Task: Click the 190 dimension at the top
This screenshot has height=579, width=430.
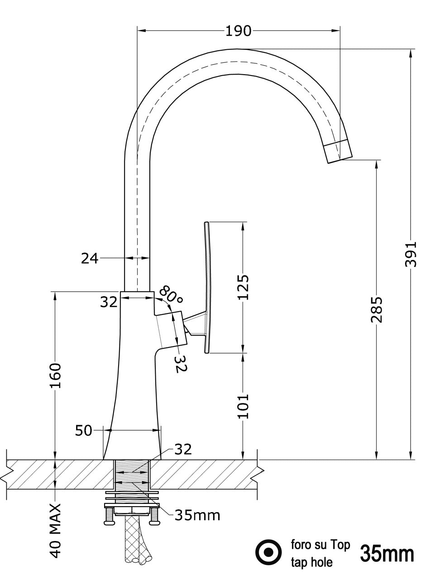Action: coord(238,31)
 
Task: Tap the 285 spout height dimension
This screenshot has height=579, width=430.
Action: coord(377,309)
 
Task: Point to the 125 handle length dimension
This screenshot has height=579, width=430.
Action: coord(244,287)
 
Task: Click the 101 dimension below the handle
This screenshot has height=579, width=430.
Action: coord(244,406)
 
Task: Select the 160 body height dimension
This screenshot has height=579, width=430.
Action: coord(55,375)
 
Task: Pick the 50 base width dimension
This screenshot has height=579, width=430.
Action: coord(84,430)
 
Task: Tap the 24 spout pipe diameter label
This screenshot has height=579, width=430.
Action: coord(90,258)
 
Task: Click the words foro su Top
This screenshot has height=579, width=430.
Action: coord(320,545)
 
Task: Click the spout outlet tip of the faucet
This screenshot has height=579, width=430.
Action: coord(339,151)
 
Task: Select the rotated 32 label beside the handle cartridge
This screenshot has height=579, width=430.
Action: coord(180,363)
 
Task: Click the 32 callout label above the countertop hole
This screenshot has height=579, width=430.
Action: coord(183,449)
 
